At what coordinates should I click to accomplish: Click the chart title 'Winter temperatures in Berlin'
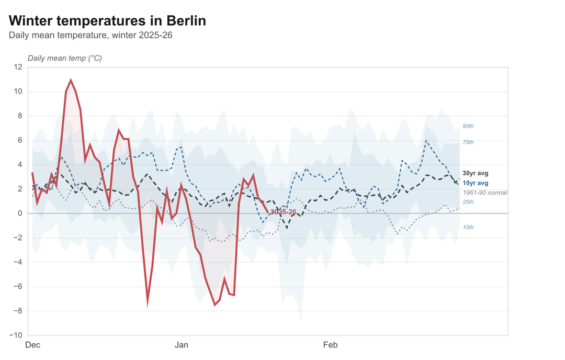(x=107, y=21)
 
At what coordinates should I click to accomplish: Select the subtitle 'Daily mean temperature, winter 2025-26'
(x=91, y=36)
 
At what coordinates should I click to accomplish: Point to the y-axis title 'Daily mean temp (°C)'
(x=65, y=58)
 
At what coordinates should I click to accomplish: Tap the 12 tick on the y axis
(x=18, y=67)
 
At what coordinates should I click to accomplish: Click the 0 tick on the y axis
(x=20, y=213)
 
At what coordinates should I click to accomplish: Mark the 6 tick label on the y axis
(x=20, y=140)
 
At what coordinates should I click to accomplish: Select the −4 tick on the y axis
(x=18, y=262)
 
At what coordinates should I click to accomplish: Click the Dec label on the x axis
(x=33, y=345)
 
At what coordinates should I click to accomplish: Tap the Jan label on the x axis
(x=182, y=345)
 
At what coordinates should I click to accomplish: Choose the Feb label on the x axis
(x=330, y=345)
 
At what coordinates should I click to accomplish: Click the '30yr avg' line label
(x=475, y=173)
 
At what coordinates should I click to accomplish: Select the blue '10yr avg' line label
(x=475, y=183)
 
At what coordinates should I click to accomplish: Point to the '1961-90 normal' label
(x=485, y=193)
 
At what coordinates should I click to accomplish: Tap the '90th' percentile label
(x=468, y=126)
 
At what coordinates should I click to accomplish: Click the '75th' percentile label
(x=468, y=142)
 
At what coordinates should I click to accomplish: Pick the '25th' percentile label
(x=468, y=202)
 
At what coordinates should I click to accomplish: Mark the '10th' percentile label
(x=468, y=228)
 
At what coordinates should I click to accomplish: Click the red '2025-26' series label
(x=284, y=212)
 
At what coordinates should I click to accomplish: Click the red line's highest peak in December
(x=71, y=81)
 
